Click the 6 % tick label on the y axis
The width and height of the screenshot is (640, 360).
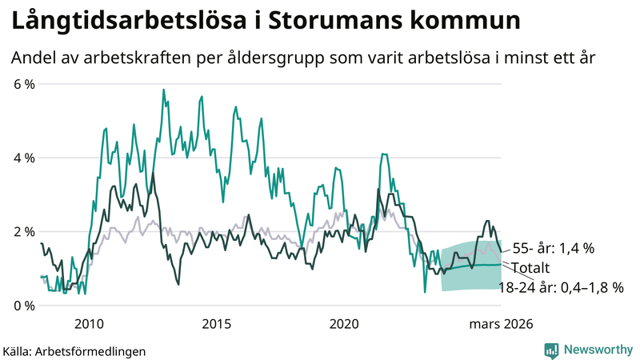pos(22,84)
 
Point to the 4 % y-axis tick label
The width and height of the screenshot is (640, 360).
pos(22,158)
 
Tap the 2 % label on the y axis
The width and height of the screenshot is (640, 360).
pos(22,232)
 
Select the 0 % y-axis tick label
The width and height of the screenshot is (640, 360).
pos(22,306)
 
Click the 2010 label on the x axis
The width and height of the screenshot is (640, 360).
pos(89,324)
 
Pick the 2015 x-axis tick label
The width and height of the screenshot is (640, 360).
pos(217,324)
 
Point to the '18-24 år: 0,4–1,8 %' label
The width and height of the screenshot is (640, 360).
pos(560,286)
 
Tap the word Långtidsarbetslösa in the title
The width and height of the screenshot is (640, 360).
pos(124,22)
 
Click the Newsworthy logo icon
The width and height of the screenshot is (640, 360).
pos(551,350)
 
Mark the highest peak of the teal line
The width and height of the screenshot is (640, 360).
pos(163,90)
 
